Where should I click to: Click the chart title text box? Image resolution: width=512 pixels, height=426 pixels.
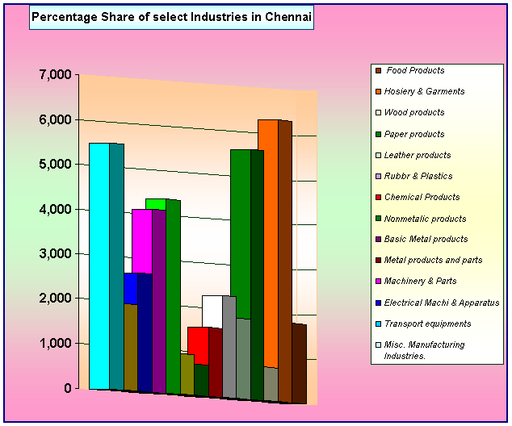coord(171,17)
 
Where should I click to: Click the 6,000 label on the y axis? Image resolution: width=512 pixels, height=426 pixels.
coord(55,119)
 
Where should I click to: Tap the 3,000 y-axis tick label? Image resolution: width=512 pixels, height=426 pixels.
coord(55,254)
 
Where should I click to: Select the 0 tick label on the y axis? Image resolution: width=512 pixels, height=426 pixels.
coord(68,388)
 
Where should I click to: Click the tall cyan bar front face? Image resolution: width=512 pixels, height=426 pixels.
coord(99,266)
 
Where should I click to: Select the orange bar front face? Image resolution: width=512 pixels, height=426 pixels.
coord(268,244)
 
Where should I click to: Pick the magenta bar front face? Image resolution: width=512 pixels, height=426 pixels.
coord(142,241)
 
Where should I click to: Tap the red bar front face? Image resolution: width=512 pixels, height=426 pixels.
coord(198,346)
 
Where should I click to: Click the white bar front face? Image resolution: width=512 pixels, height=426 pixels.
coord(212,311)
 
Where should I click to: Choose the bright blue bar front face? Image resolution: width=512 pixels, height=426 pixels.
coord(131,289)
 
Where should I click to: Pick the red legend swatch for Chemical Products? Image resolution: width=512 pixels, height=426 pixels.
coord(379,198)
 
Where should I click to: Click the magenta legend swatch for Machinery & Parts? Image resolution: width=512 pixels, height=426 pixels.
coord(379,281)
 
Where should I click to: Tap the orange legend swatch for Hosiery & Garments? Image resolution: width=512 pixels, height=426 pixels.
coord(379,92)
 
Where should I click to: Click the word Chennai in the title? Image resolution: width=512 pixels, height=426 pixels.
coord(288,17)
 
